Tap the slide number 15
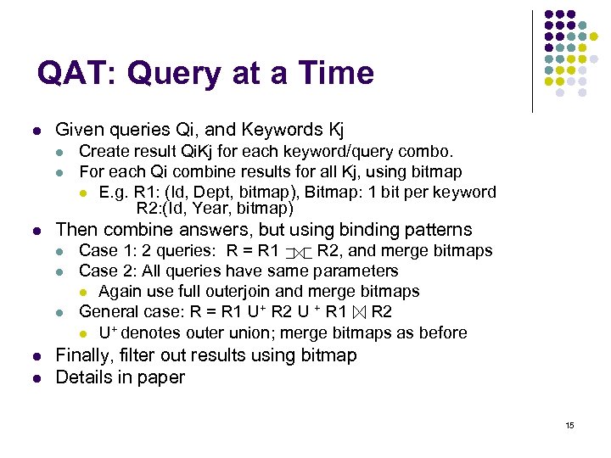569,425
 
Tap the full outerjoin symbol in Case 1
298,252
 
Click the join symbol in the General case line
358,313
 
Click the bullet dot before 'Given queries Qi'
34,131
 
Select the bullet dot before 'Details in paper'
34,378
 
